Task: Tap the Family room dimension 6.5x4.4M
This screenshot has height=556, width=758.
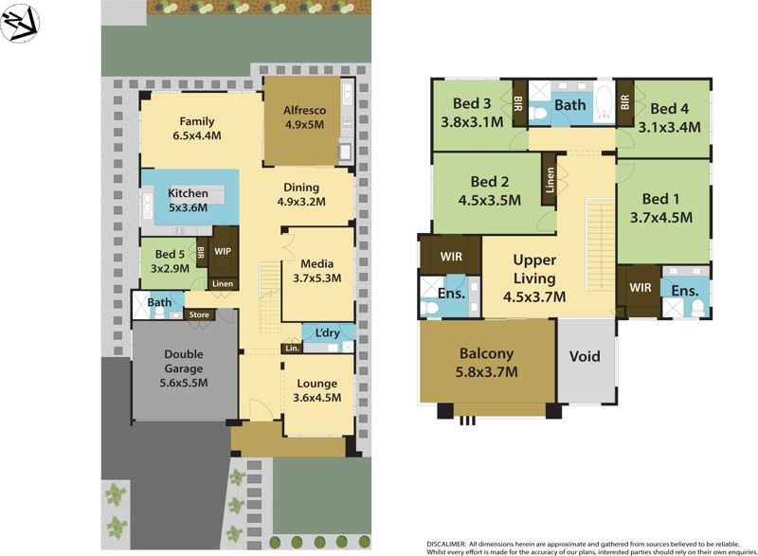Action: tap(196, 135)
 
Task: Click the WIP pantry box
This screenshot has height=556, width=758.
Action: tap(224, 252)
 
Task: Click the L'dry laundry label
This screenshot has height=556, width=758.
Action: tap(329, 332)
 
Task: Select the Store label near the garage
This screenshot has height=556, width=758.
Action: tap(198, 314)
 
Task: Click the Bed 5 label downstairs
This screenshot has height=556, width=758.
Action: tap(171, 254)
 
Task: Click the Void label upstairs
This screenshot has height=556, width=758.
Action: tap(586, 357)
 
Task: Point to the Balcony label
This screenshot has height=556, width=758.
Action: tap(487, 354)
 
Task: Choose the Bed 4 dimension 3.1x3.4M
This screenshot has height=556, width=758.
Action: tap(669, 126)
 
